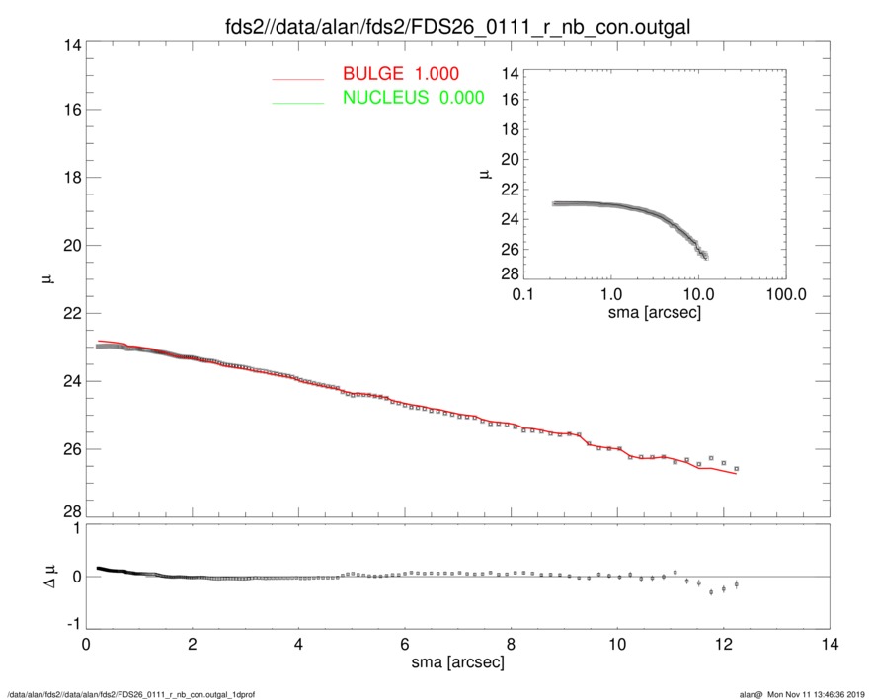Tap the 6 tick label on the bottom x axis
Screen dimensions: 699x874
coord(405,644)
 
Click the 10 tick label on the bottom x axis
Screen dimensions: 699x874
coord(617,644)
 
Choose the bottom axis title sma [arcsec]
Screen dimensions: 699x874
coord(457,663)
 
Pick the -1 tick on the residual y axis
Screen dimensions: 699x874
coord(70,625)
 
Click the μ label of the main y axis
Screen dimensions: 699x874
coord(45,281)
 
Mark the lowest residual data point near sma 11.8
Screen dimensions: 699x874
coord(711,592)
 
